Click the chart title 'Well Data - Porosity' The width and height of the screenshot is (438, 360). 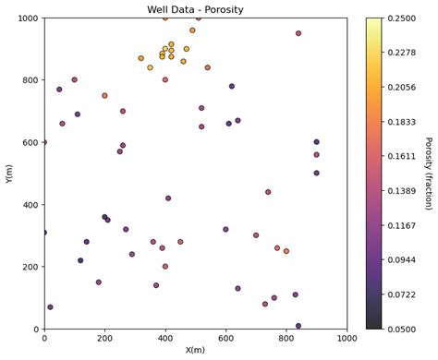click(195, 9)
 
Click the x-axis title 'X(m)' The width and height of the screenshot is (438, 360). click(195, 350)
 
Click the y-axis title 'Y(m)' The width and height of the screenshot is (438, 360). click(8, 174)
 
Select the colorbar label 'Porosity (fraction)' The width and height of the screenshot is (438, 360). click(427, 174)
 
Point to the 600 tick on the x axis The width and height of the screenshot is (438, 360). click(225, 338)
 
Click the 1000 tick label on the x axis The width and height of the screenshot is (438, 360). click(347, 338)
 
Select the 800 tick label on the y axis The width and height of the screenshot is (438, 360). click(29, 80)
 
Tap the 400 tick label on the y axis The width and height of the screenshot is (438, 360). click(29, 205)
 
